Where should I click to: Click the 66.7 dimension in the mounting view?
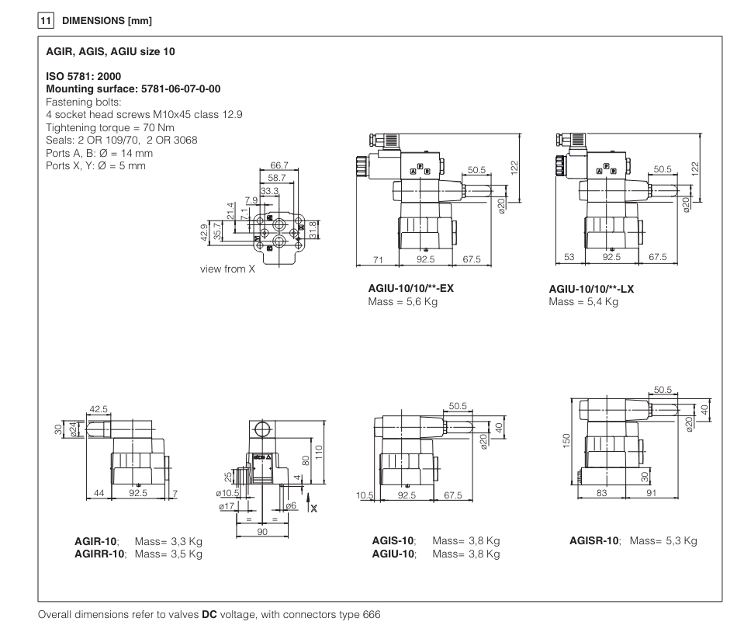[x=279, y=165]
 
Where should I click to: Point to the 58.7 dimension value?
[x=277, y=178]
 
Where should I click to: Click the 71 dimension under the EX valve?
[x=379, y=259]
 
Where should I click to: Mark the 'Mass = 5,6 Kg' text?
[x=403, y=301]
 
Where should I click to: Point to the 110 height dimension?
[x=318, y=451]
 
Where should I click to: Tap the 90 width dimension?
[x=263, y=532]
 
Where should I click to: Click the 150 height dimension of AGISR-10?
[x=566, y=441]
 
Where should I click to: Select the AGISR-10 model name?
[x=594, y=541]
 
